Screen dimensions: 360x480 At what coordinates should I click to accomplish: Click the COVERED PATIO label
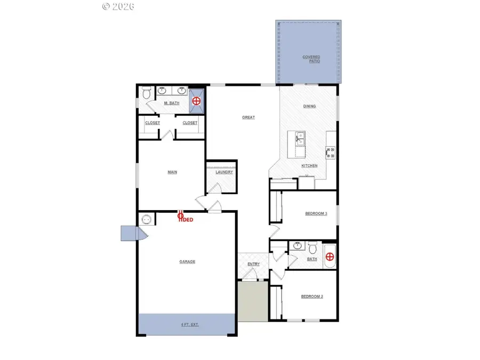click(311, 59)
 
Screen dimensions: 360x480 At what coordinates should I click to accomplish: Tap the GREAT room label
click(249, 117)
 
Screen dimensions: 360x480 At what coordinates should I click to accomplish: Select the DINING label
click(309, 106)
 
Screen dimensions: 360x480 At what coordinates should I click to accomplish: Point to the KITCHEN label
click(309, 166)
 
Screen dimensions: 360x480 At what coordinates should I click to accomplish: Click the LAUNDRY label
click(224, 172)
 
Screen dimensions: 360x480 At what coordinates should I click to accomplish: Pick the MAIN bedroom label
click(172, 172)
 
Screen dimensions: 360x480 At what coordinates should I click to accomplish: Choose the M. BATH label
click(171, 103)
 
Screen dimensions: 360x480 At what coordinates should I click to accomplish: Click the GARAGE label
click(187, 261)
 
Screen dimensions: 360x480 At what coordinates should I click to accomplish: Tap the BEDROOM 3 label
click(316, 213)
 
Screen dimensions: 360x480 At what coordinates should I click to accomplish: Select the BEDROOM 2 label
click(312, 297)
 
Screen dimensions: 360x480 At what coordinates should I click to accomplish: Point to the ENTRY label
click(253, 263)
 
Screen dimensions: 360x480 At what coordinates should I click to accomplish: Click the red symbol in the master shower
click(197, 100)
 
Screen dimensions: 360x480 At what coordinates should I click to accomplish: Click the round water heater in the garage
click(146, 219)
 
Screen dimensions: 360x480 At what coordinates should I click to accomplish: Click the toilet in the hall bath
click(314, 248)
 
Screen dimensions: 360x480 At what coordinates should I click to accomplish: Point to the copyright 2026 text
click(118, 6)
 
